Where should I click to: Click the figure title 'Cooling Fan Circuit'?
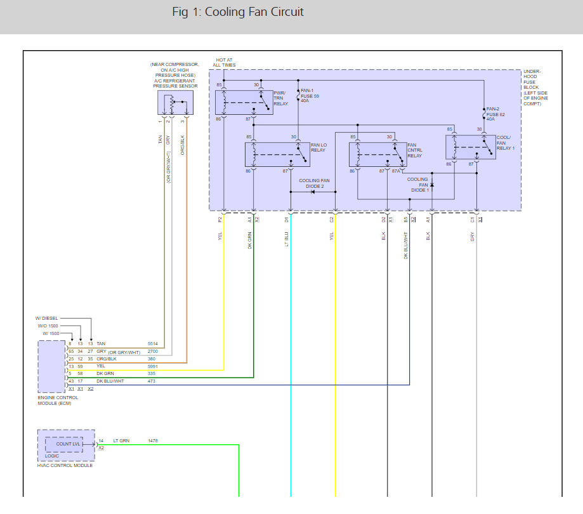coord(254,12)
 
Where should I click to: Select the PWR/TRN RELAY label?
coord(281,98)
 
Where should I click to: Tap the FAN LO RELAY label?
coord(318,147)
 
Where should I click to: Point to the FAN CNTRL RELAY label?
coord(414,150)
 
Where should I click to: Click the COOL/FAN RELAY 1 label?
coord(506,143)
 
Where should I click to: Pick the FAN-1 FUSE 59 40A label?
coord(310,96)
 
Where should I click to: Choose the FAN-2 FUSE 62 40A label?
coord(495,114)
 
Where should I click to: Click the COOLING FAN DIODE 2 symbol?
coord(312,192)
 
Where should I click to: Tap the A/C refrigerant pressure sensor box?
coord(175,103)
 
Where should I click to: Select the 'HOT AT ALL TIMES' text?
coord(224,62)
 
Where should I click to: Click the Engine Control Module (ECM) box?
coord(51,366)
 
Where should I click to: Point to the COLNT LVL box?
coord(64,444)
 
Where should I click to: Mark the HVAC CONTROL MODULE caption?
coord(65,465)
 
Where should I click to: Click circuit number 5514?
coord(152,344)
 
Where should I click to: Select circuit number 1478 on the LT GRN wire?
coord(153,441)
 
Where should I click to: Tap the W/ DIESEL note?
coord(47,319)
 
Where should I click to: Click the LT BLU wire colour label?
coord(286,239)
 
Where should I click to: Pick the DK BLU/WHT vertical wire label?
coord(405,246)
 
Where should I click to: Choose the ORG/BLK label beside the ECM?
coord(107,359)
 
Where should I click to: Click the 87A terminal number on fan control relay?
coord(396,171)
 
